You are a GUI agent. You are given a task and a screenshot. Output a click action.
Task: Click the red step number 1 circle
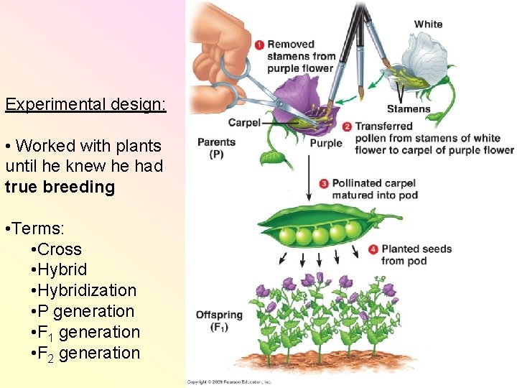[x=259, y=45]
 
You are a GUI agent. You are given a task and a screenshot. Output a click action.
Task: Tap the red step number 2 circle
[x=347, y=126]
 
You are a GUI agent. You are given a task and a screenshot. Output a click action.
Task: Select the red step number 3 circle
[x=324, y=183]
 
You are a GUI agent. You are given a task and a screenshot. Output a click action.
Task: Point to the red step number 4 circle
[x=373, y=249]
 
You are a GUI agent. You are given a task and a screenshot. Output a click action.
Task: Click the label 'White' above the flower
[x=428, y=24]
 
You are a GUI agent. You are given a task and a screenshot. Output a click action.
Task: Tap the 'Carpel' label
[x=244, y=123]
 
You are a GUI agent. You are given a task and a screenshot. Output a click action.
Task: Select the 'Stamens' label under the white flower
[x=409, y=109]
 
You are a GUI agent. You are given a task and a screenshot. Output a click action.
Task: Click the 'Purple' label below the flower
[x=326, y=143]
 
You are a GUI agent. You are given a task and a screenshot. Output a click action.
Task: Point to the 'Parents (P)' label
[x=216, y=148]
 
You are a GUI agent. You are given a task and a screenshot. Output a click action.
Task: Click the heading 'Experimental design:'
[x=85, y=104]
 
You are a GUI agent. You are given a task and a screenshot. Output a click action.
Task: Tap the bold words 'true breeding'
[x=60, y=187]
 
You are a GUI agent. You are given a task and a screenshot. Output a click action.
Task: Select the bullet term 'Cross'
[x=60, y=249]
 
